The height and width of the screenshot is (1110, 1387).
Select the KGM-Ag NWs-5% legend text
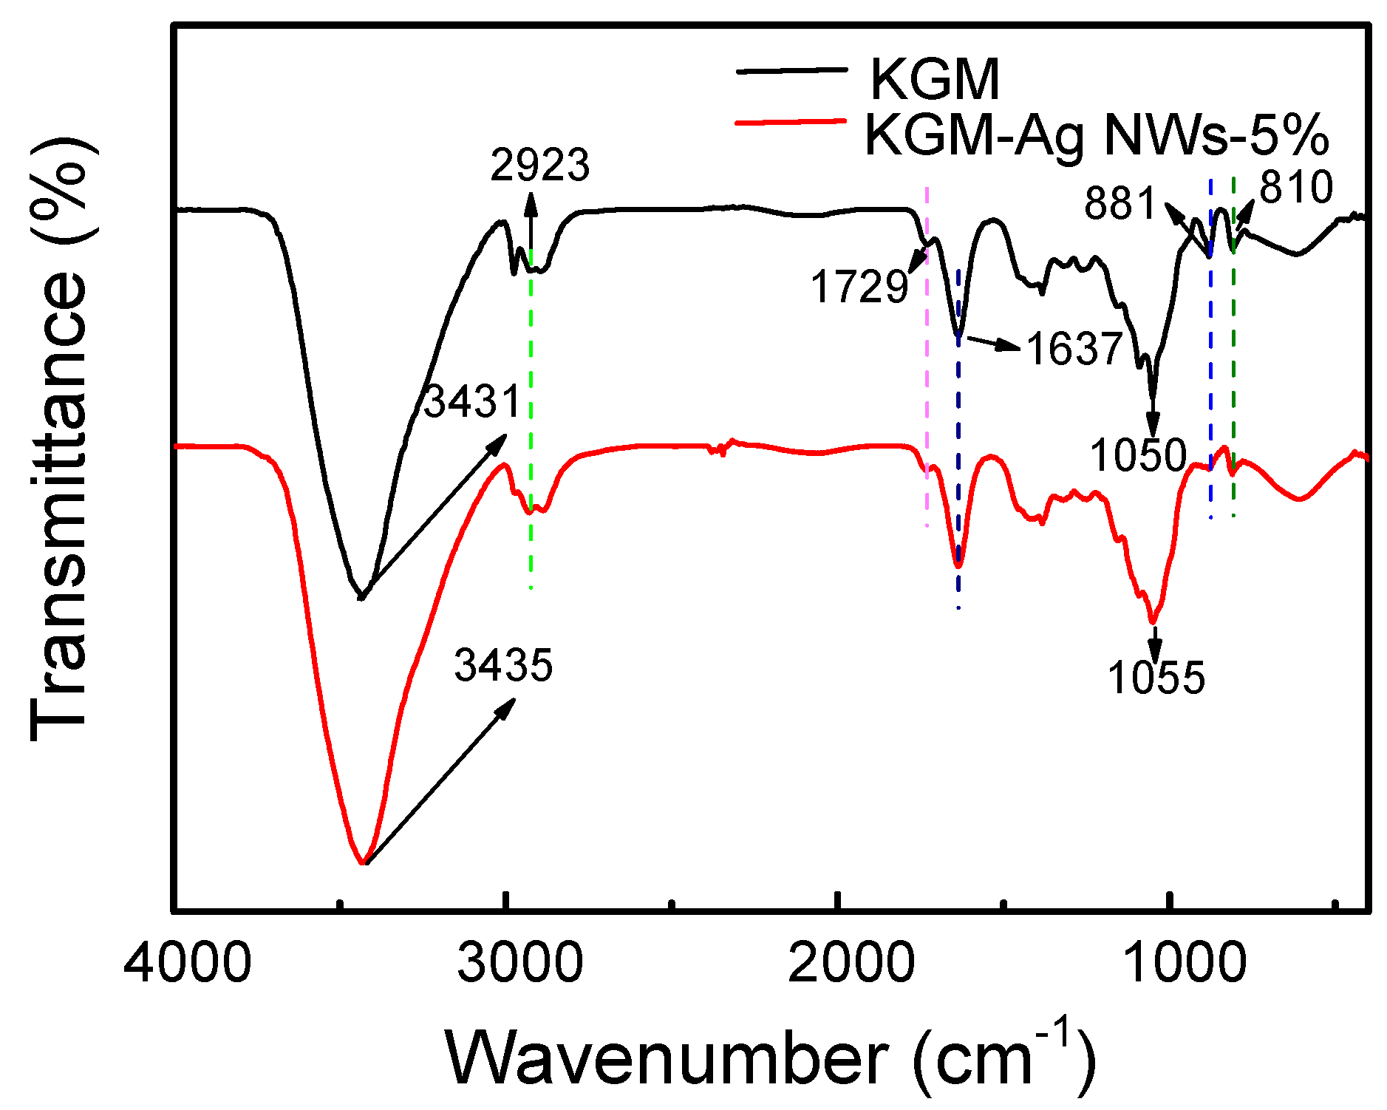point(1097,135)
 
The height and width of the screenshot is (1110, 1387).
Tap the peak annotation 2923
point(540,165)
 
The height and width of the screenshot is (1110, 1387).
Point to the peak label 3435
point(503,665)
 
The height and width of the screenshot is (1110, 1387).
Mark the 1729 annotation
point(859,287)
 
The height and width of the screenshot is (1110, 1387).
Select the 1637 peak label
point(1075,349)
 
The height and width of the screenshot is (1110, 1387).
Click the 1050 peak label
point(1138,454)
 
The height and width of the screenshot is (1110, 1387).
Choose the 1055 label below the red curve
point(1156,678)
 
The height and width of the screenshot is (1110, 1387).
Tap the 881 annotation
point(1120,203)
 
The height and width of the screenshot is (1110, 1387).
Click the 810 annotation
point(1296,187)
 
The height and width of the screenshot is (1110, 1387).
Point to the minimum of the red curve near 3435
point(362,862)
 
